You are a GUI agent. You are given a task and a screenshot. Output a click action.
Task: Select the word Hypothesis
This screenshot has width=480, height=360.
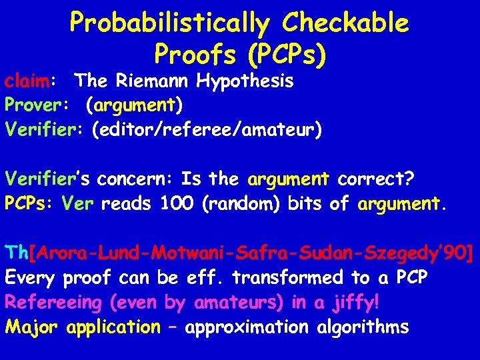tap(244, 82)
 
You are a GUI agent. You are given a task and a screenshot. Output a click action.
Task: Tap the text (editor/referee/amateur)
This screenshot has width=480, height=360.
tap(206, 129)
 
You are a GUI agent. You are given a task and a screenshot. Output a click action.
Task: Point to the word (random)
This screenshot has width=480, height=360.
tap(241, 203)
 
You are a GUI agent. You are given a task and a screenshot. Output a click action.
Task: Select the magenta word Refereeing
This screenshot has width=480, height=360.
tap(53, 303)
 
